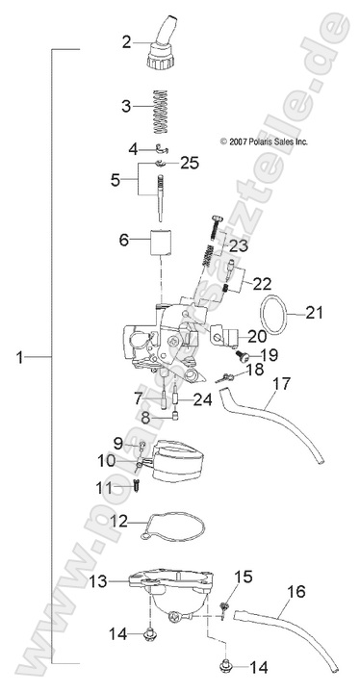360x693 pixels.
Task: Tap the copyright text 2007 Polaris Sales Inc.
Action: [x=264, y=140]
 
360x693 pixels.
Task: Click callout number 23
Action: [x=238, y=245]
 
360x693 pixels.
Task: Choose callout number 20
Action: [x=256, y=336]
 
